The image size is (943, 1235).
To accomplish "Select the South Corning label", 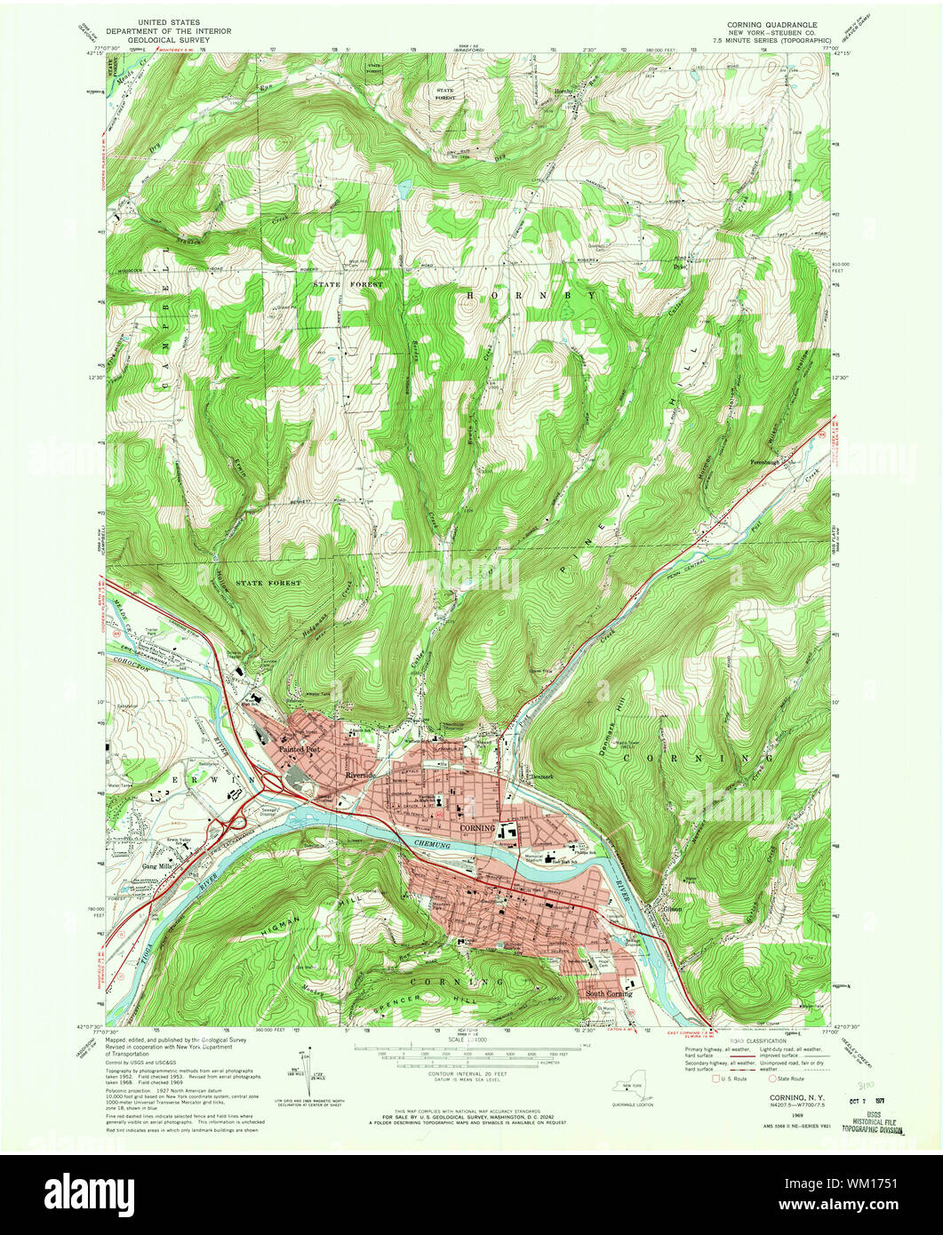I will coord(609,993).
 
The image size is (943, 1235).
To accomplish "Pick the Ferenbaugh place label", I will coord(769,462).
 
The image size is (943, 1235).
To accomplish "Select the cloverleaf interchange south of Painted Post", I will coord(273,784).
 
